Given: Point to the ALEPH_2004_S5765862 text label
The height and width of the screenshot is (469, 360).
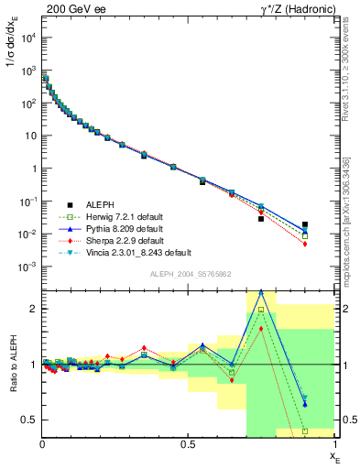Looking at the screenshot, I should pyautogui.click(x=189, y=275).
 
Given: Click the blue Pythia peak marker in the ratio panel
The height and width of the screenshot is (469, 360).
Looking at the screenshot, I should pyautogui.click(x=261, y=291).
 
